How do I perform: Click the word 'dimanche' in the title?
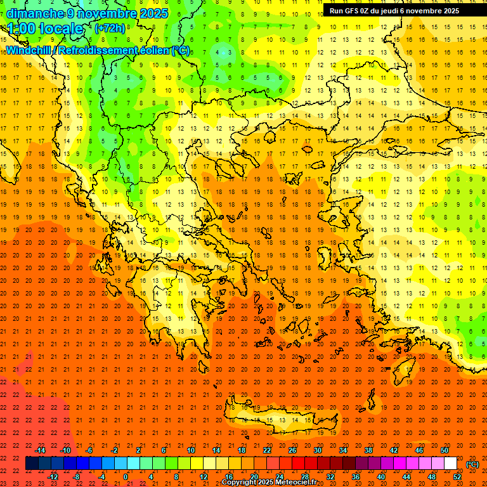point(35,13)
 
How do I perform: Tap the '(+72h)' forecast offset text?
point(110,29)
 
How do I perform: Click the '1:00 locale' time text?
point(45,29)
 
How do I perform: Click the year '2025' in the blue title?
point(154,13)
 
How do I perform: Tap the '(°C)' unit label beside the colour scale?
point(472,464)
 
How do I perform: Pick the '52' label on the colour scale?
point(457,476)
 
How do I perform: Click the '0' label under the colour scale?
point(126,476)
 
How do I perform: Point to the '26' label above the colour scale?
point(292,450)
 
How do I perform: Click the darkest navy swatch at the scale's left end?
point(32,464)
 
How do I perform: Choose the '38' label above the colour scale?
point(368,450)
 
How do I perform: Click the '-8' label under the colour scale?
point(76,476)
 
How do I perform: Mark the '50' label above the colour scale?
point(445,450)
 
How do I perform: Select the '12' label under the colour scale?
point(204,476)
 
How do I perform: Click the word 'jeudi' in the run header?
point(390,10)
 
